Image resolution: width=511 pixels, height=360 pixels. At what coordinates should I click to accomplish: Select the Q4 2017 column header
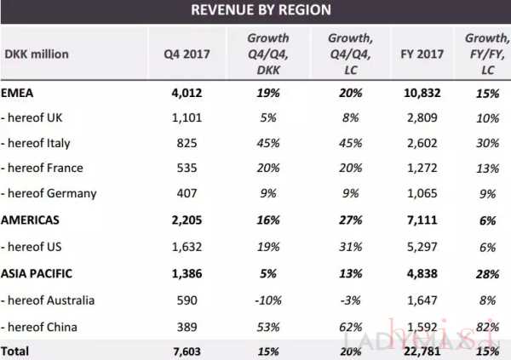point(187,54)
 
